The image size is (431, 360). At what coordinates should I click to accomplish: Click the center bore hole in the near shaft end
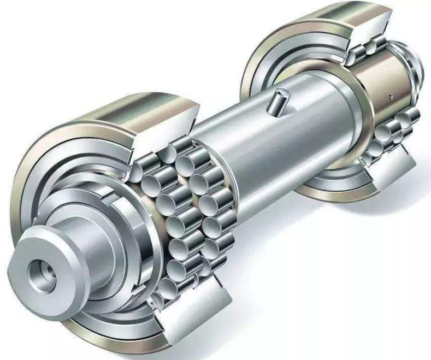[x=40, y=270]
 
